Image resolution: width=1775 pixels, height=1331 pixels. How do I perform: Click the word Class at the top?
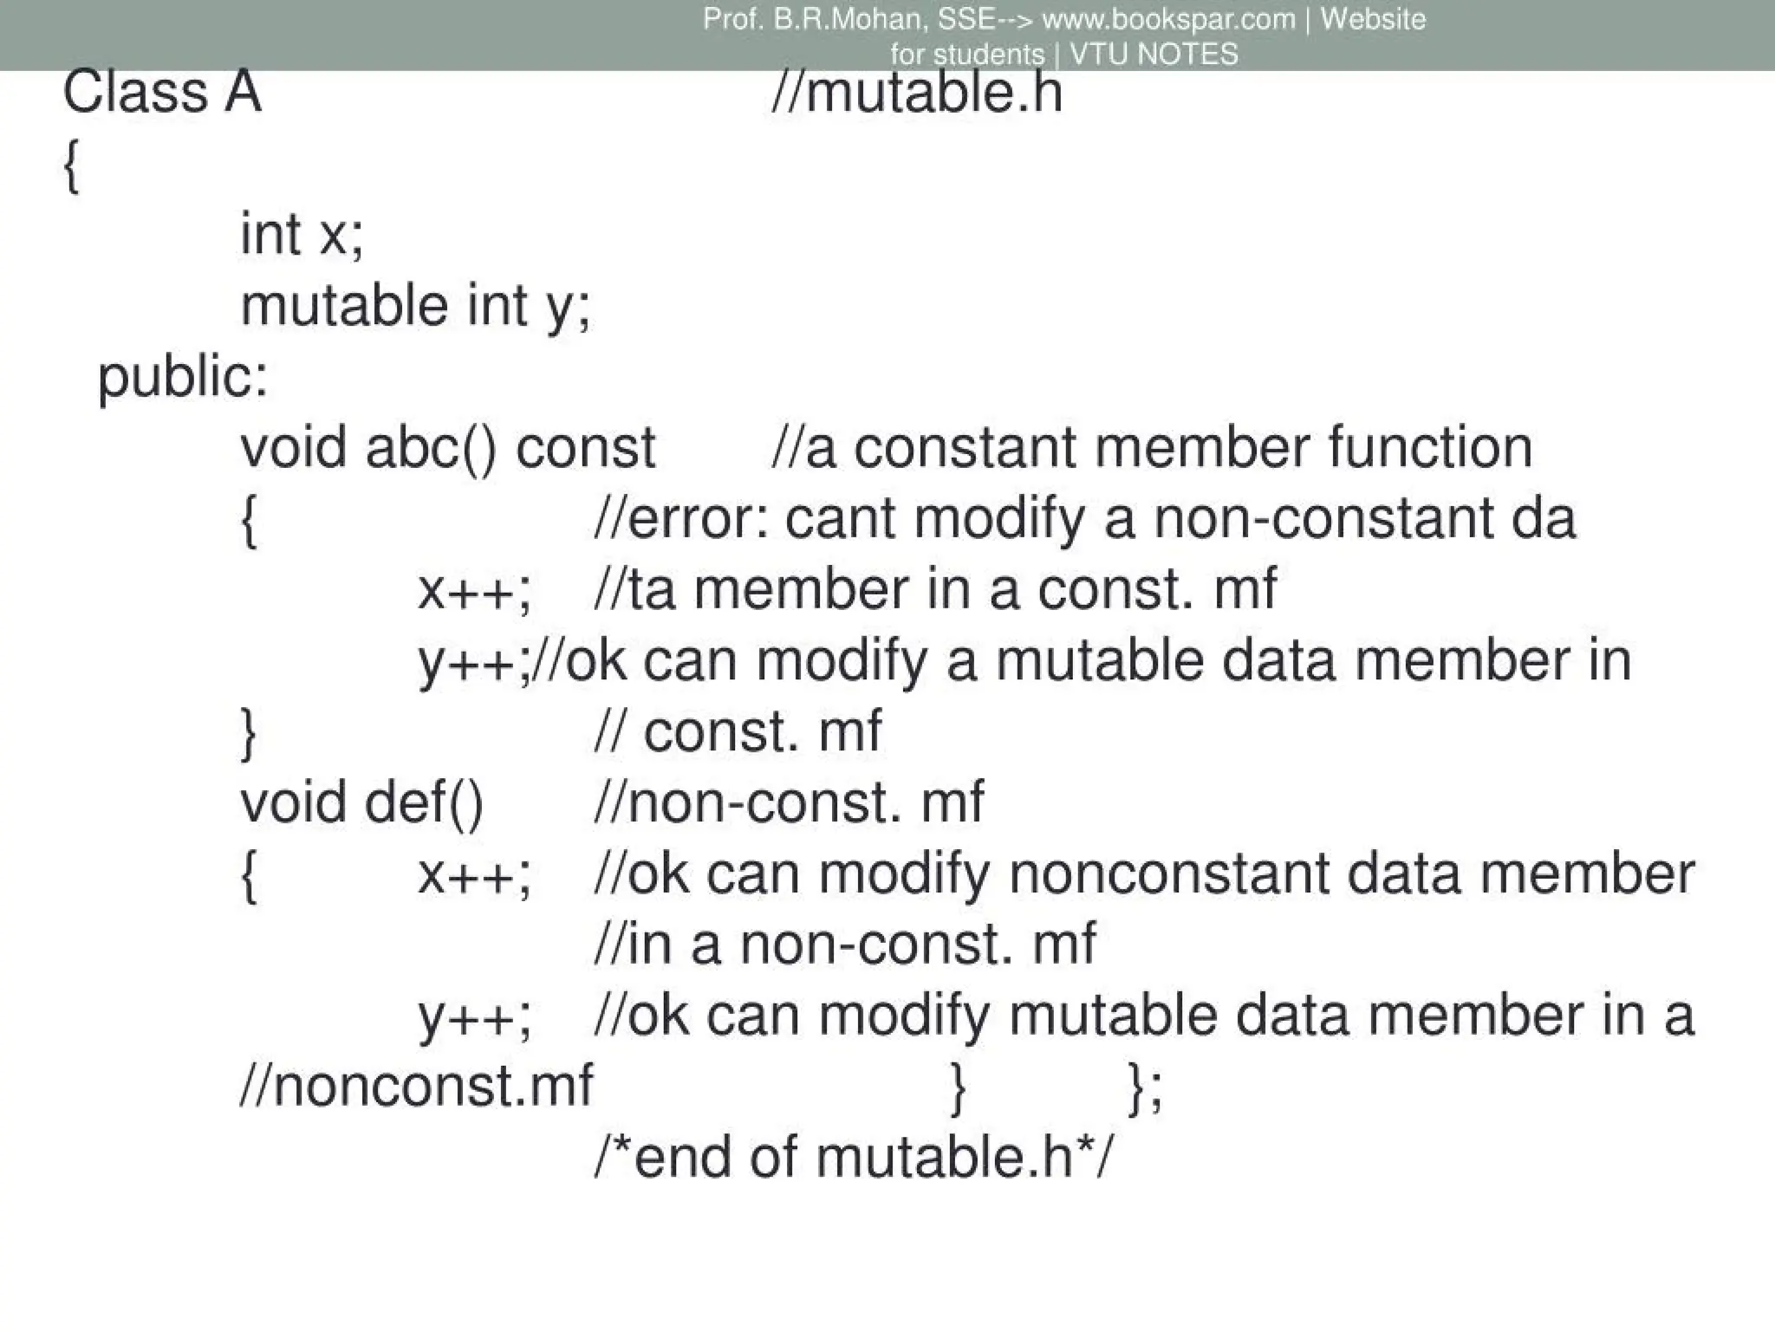point(135,92)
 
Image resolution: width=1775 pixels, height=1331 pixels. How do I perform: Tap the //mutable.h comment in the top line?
point(916,92)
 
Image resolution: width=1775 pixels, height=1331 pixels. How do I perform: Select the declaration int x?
point(302,234)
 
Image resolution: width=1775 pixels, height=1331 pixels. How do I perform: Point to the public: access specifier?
point(183,377)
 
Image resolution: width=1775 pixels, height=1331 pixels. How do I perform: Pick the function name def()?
point(424,802)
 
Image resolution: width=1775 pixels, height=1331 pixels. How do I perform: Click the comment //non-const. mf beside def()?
point(789,802)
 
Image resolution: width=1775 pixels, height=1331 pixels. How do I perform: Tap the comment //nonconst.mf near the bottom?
point(416,1086)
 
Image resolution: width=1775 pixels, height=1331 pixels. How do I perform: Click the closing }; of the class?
point(1145,1088)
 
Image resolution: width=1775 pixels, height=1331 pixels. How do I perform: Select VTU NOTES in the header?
point(1154,54)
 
